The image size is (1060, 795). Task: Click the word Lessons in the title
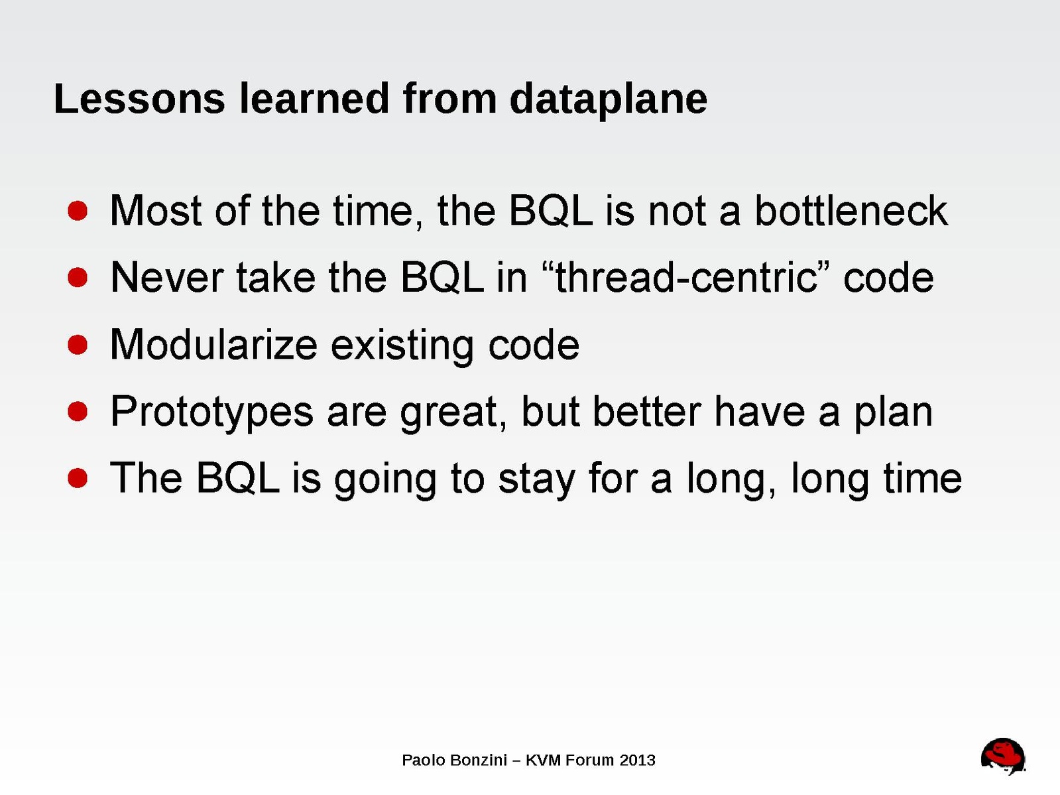tap(140, 99)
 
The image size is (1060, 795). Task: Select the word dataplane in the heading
tap(609, 101)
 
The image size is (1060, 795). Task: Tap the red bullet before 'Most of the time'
tap(78, 211)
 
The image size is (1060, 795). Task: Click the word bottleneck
tap(851, 211)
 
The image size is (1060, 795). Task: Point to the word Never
tap(166, 278)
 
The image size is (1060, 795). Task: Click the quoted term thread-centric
tap(686, 278)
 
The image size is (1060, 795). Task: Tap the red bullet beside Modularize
tap(78, 345)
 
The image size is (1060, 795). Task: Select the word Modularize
tap(214, 345)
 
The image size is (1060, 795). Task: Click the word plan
tap(894, 414)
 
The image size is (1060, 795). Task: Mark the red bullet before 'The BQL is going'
tap(78, 479)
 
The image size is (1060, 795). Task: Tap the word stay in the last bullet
tap(536, 481)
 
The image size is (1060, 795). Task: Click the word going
tap(385, 481)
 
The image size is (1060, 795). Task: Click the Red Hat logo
tap(1003, 755)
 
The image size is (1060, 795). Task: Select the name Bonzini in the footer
tap(479, 761)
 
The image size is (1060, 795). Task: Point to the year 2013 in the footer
tap(638, 761)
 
